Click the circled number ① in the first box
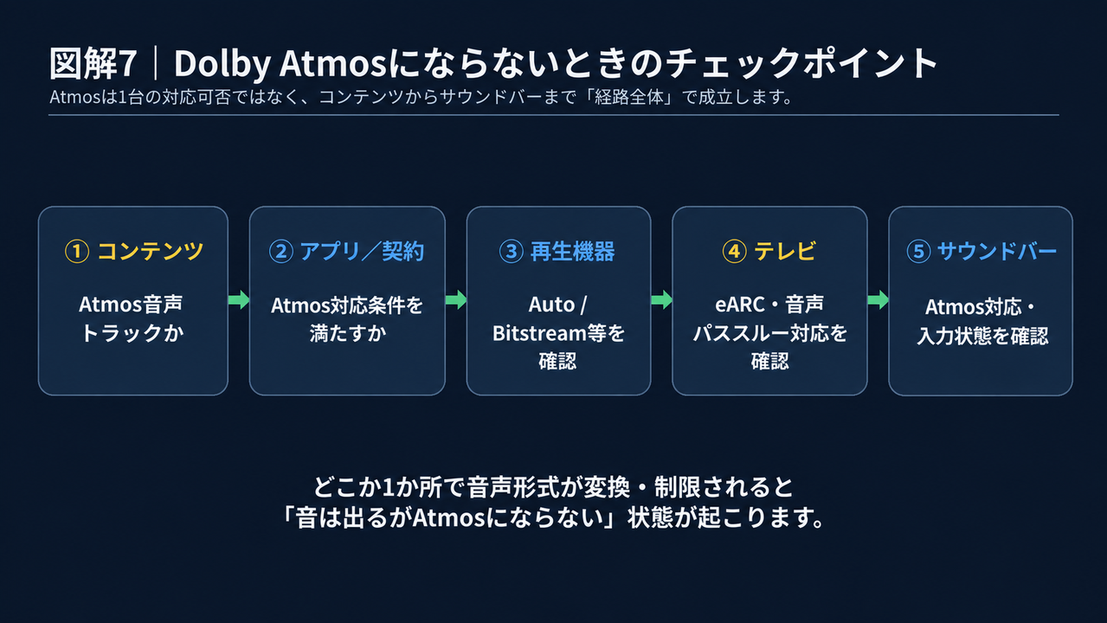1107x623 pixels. coord(77,252)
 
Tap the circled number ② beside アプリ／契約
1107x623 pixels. coord(281,252)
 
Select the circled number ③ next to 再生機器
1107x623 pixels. coord(511,252)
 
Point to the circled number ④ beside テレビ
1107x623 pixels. coord(734,252)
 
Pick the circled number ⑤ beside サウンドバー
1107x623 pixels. coord(918,252)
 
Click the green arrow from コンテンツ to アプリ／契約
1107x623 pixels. coord(239,299)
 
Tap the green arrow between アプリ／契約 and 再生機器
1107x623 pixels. coord(456,299)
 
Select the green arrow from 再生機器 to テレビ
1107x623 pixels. coord(662,299)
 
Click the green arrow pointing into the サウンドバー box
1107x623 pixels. coord(879,299)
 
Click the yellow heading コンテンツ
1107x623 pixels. coord(151,252)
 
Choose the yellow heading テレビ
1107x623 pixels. coord(785,252)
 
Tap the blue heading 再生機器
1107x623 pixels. coord(573,252)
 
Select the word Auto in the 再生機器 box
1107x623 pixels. coord(551,305)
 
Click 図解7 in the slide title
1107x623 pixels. coord(93,63)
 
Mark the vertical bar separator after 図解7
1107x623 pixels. coord(156,63)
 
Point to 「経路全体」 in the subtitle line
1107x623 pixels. coord(628,97)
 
